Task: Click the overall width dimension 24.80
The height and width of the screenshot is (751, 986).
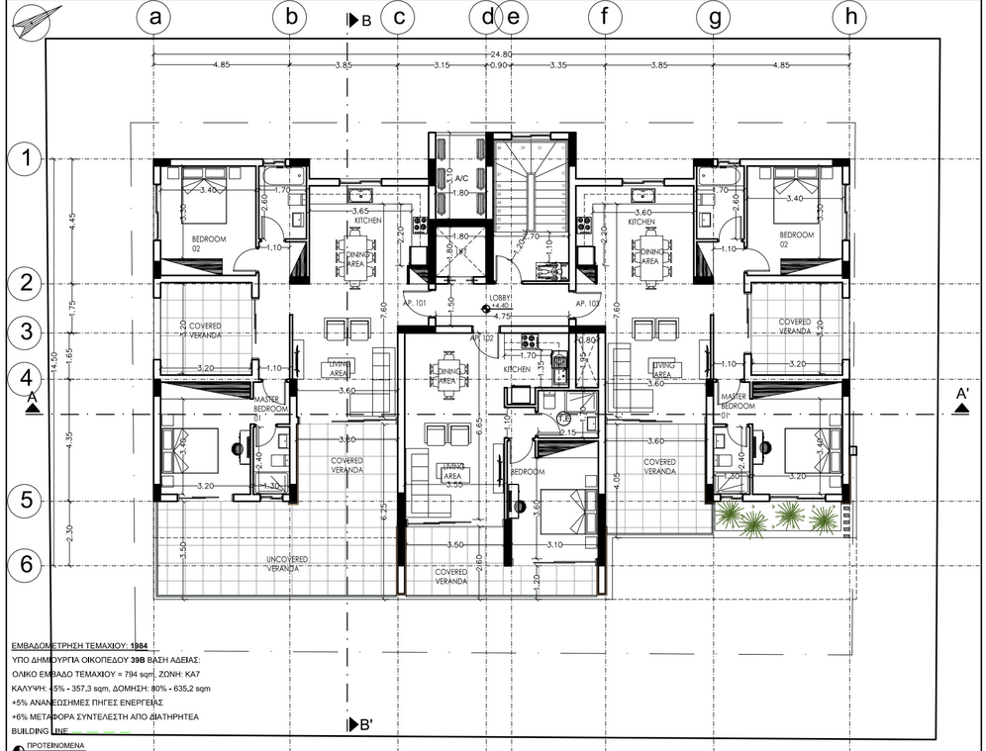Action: point(501,54)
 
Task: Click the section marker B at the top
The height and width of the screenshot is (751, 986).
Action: point(358,20)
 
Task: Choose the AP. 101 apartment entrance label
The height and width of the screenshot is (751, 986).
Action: point(414,303)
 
